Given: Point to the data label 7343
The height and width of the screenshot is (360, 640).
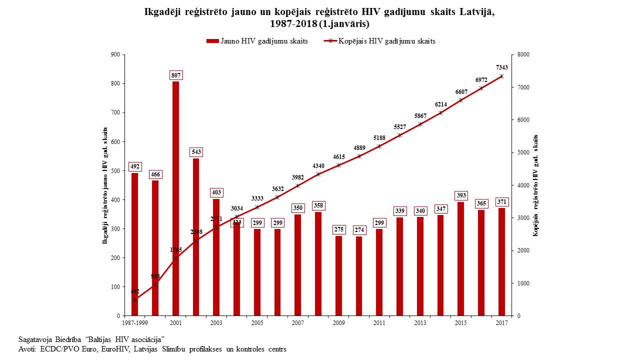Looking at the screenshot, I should coord(502,67).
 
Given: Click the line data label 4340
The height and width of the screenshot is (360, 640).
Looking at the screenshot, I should coord(318,166).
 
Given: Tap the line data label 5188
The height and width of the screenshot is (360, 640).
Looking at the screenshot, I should coord(380,138).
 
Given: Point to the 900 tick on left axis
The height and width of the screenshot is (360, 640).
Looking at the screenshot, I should coord(115,54).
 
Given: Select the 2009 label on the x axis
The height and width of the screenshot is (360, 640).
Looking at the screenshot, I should coord(338,323).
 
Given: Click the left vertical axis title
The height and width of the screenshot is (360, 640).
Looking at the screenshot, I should coord(105,185).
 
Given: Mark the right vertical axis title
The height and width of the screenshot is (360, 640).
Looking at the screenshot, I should coord(535,185).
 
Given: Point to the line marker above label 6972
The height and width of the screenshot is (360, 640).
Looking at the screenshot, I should coord(481,88).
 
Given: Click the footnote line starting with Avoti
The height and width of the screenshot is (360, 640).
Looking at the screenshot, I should coord(152,348).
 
